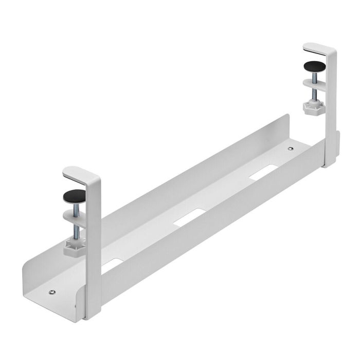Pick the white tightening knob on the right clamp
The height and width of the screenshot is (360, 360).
tap(311, 107)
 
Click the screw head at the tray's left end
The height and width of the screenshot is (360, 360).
tap(51, 293)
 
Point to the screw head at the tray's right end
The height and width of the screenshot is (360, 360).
tap(291, 149)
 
